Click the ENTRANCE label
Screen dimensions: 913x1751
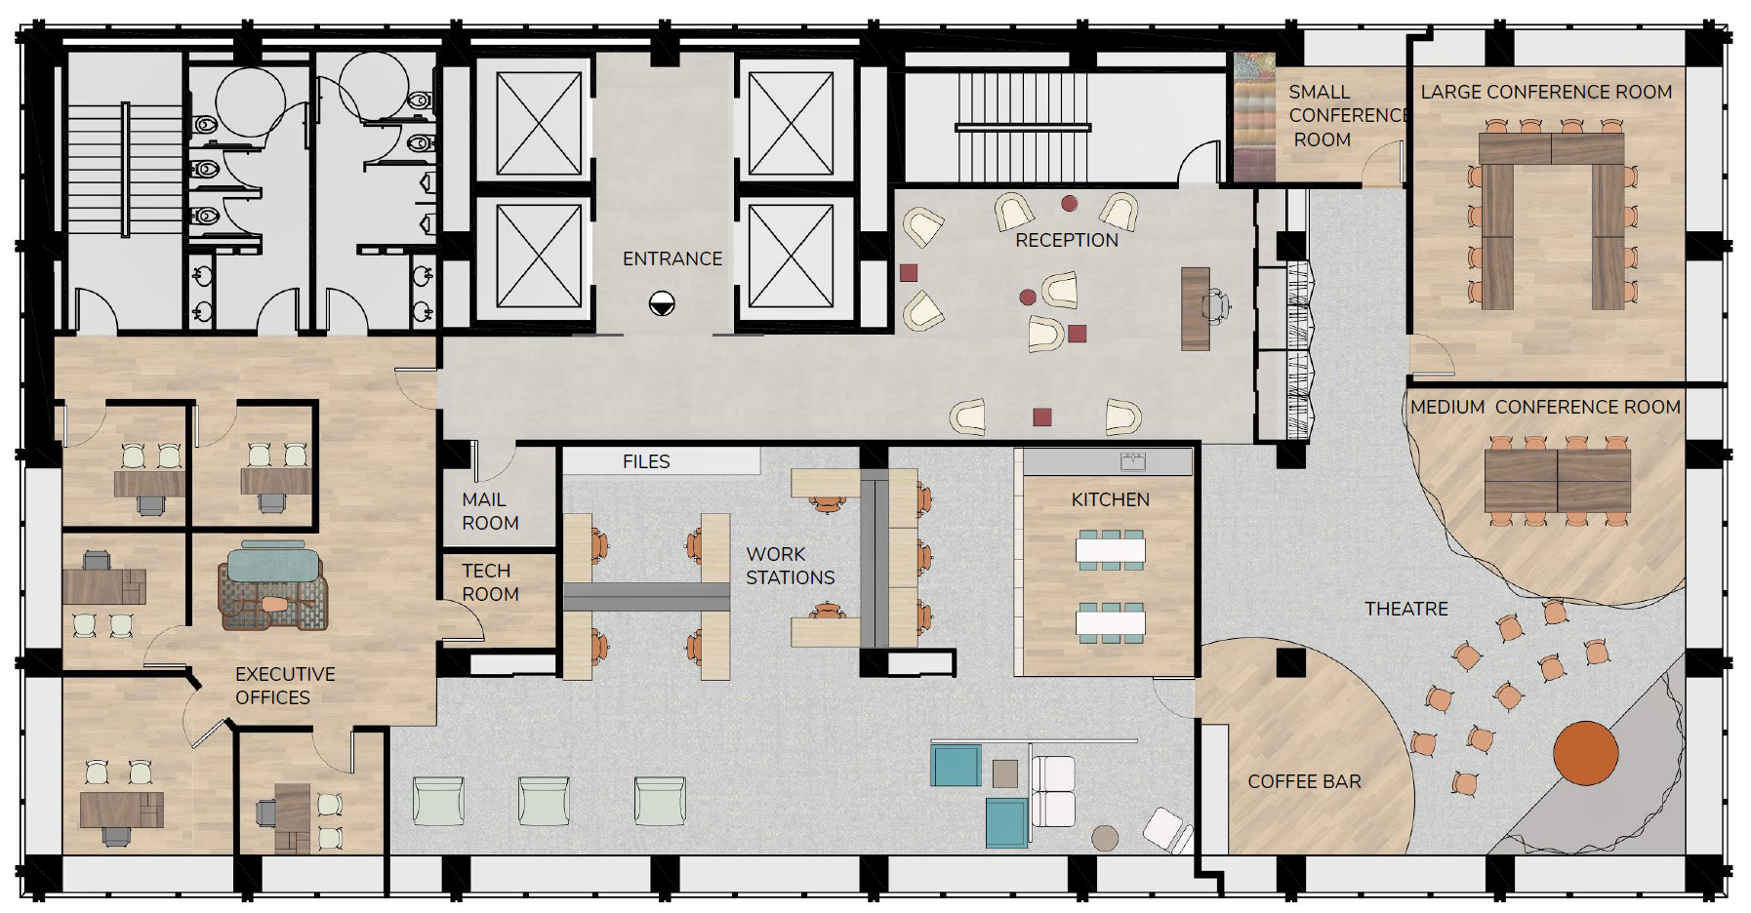(x=672, y=258)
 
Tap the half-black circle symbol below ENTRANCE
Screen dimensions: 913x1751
(x=662, y=304)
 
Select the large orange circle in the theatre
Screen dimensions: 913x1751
(x=1585, y=753)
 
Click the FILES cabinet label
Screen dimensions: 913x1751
(x=646, y=461)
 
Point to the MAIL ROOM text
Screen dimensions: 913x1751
(x=490, y=511)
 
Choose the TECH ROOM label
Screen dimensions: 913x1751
(x=489, y=582)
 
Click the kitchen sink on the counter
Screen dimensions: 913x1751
(x=1132, y=460)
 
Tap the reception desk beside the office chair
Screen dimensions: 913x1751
(x=1195, y=309)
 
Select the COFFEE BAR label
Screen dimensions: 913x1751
(x=1304, y=781)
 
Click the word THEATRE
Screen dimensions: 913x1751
(x=1405, y=609)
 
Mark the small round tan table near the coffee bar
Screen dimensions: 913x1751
(x=1105, y=837)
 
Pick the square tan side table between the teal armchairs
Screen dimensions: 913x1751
(x=1005, y=774)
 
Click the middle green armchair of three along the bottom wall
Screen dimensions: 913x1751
(x=544, y=801)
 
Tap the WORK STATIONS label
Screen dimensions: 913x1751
(x=790, y=566)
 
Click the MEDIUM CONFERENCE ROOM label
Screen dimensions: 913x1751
(x=1545, y=407)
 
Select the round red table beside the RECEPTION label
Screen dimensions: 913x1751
(x=1069, y=204)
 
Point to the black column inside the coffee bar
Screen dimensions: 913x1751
(x=1290, y=662)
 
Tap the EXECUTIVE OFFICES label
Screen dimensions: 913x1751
(x=284, y=686)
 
